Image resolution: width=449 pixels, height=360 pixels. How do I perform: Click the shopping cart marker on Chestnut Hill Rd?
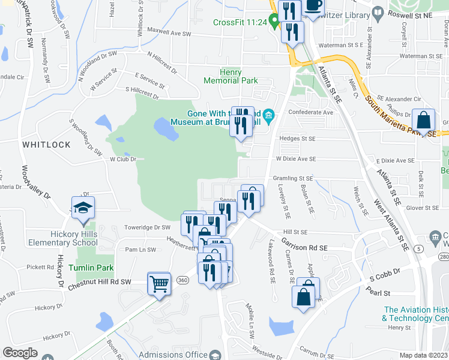(159, 283)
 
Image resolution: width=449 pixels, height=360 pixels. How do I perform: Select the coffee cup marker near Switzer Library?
(313, 5)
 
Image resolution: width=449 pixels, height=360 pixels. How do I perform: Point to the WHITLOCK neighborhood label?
(46, 145)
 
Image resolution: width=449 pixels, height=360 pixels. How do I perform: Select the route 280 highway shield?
(444, 257)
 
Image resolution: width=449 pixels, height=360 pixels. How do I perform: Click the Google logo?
(20, 353)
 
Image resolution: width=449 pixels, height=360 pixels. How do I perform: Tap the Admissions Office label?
(172, 355)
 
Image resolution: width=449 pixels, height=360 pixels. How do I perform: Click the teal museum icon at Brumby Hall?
(270, 113)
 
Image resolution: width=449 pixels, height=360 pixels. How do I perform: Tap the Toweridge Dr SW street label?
(148, 227)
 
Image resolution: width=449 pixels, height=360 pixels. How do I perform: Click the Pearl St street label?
(379, 293)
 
